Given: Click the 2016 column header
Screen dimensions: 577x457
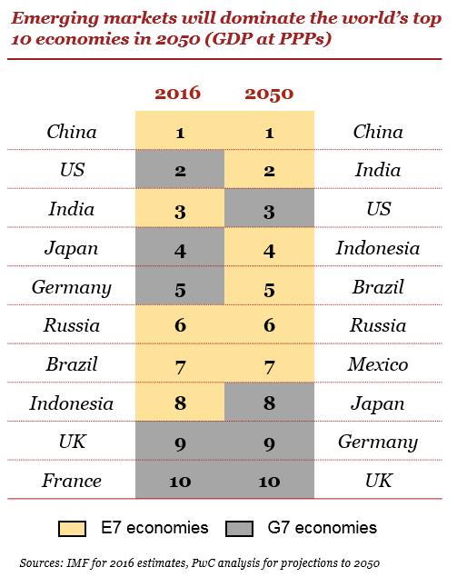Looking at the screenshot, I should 180,94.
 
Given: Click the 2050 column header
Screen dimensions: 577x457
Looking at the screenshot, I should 270,94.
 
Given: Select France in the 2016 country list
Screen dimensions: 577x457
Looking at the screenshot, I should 71,481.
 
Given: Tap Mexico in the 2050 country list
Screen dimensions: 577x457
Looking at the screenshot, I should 377,364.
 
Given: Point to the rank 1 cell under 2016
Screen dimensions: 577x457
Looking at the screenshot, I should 180,133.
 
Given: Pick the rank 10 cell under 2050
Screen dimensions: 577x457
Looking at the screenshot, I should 270,481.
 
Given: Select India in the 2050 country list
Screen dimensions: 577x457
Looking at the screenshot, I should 377,171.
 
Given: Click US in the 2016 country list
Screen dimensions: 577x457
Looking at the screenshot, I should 71,171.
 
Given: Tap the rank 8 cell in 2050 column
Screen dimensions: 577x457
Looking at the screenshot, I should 270,403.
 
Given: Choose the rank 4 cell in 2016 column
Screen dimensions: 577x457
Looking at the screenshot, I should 180,248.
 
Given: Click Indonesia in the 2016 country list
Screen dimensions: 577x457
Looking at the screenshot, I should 71,403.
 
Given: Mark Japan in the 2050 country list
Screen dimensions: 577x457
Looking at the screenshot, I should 377,403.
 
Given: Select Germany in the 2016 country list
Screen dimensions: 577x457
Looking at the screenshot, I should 71,287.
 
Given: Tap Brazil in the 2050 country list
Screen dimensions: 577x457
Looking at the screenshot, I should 377,287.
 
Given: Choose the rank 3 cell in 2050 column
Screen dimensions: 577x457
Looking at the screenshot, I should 270,210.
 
